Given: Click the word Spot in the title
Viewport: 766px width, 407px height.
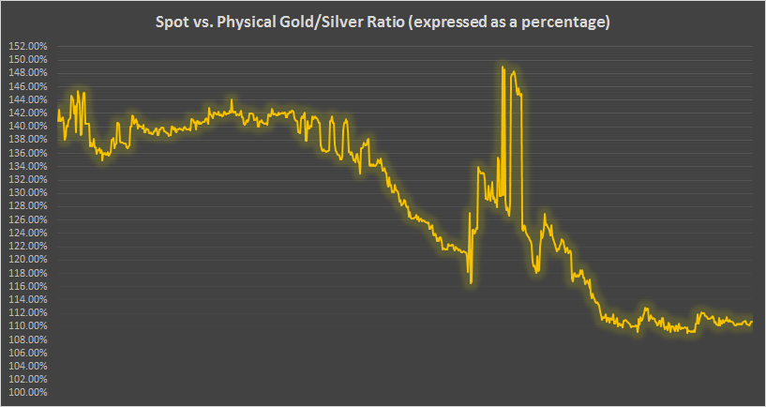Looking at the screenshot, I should (173, 22).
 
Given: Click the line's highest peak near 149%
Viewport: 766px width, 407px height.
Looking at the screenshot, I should (503, 67).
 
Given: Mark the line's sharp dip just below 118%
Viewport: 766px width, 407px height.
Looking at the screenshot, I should (470, 281).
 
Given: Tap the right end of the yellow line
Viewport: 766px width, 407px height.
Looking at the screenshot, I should (752, 322).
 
